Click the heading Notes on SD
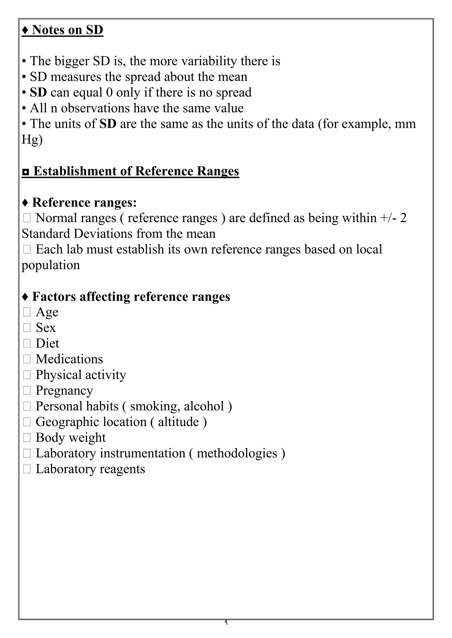tap(63, 30)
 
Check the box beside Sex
tap(27, 328)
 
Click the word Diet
tap(47, 344)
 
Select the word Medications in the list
tap(69, 359)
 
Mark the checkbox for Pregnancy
tap(27, 391)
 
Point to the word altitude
tap(178, 422)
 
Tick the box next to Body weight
tap(27, 438)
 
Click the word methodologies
tap(237, 453)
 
